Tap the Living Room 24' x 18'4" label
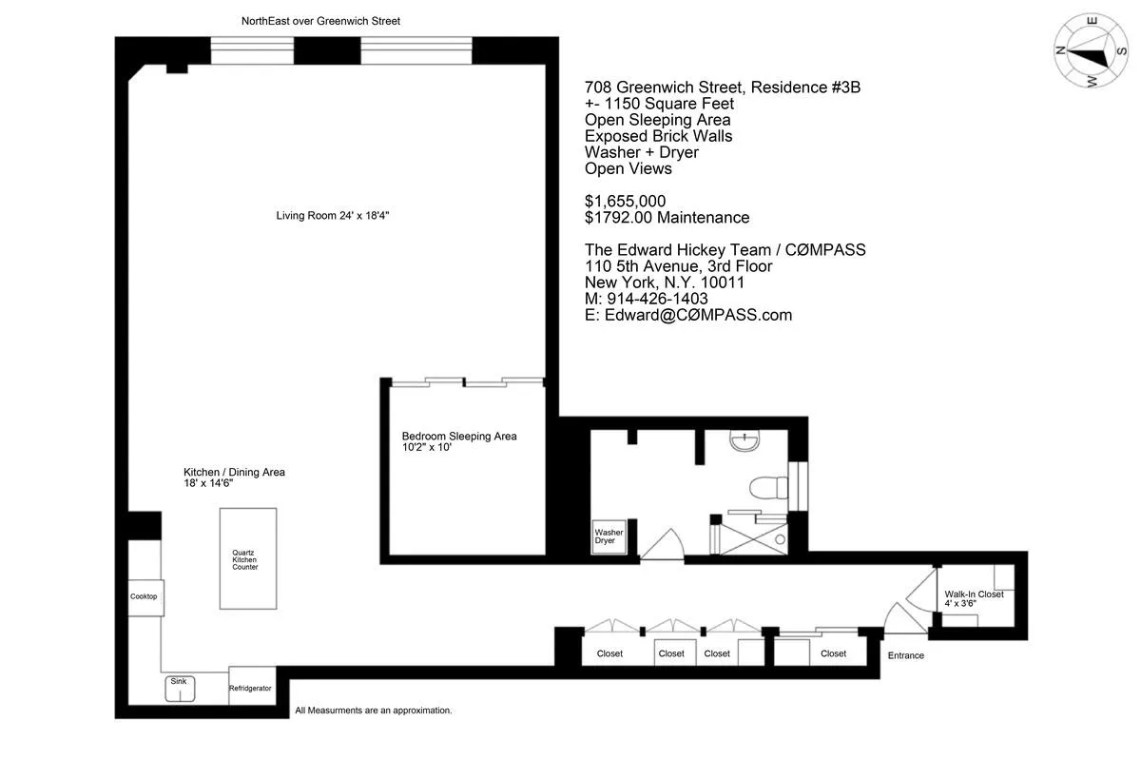coord(333,216)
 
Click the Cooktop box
coord(144,596)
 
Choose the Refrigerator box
coord(251,688)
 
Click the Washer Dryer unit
coord(609,536)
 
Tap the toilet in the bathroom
coord(768,488)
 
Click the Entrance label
coord(905,655)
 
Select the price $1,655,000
coord(625,201)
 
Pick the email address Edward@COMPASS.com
coord(688,315)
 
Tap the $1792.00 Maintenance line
coord(667,217)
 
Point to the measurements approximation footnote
coord(373,711)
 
